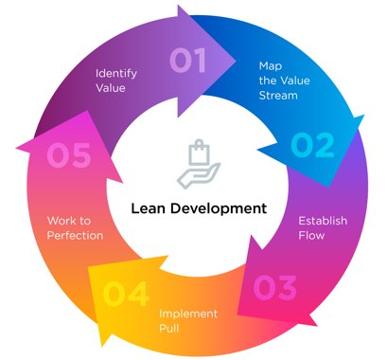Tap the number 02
click(313, 145)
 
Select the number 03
click(274, 286)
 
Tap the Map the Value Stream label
click(282, 81)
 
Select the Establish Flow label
click(322, 227)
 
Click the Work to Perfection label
click(75, 227)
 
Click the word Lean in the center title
click(152, 207)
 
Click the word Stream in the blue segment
click(280, 96)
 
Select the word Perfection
click(75, 234)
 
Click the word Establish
click(322, 221)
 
